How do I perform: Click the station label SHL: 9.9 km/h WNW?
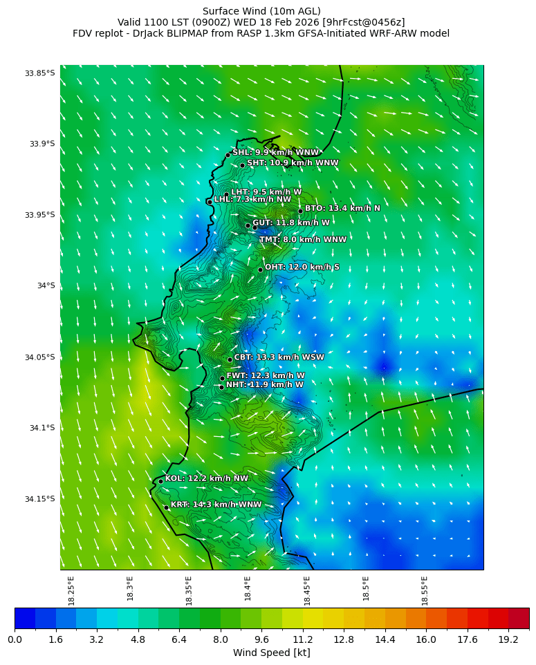[x=275, y=153]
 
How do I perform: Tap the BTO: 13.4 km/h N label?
[x=342, y=208]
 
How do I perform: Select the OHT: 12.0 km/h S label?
[x=302, y=267]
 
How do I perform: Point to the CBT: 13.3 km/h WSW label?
[x=279, y=357]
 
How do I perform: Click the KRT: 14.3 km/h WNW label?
[x=216, y=505]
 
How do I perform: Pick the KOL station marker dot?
[x=160, y=481]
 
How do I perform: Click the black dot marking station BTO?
[x=300, y=211]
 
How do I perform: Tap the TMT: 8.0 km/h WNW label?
[x=302, y=240]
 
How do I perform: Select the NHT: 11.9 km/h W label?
[x=264, y=384]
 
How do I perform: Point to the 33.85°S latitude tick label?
[x=39, y=73]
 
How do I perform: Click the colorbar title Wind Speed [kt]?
[x=271, y=653]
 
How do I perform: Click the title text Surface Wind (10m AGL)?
[x=261, y=11]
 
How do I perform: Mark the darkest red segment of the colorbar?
[x=519, y=618]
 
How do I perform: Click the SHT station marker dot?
[x=242, y=165]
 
